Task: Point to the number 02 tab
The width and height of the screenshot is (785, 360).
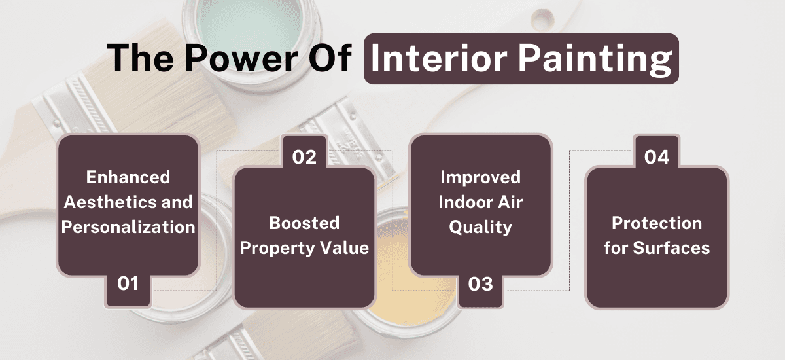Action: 304,158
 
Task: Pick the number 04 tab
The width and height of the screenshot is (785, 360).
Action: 656,158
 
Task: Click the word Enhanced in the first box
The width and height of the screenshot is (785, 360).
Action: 128,177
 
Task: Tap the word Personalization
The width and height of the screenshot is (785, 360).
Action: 128,226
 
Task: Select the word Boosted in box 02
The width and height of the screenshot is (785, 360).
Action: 304,223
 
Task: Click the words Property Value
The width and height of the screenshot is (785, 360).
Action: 304,248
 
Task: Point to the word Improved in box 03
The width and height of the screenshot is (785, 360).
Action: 480,177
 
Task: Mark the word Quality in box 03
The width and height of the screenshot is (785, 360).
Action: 480,226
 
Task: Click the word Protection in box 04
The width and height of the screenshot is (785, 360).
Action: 656,223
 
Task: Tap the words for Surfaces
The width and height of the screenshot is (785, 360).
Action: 656,248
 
